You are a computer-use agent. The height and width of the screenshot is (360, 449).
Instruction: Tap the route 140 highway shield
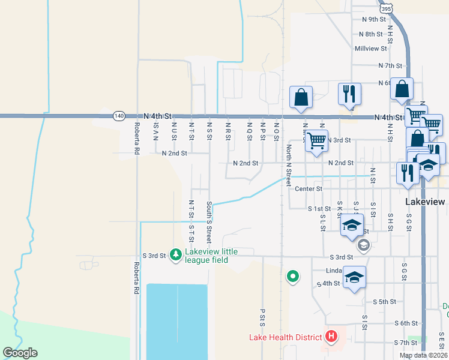[119, 115]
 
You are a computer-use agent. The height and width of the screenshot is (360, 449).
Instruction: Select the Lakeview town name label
[425, 202]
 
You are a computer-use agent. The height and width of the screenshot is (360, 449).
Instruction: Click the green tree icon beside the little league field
[175, 255]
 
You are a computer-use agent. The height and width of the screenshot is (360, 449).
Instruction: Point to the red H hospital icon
[330, 337]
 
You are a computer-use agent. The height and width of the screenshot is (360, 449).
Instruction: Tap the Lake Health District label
[286, 337]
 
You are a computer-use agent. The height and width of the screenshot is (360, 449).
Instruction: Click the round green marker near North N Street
[292, 276]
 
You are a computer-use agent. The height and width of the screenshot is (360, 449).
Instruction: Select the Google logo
[20, 352]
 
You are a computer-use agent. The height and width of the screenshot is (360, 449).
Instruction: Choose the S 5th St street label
[385, 302]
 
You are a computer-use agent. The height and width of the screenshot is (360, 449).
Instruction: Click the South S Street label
[209, 221]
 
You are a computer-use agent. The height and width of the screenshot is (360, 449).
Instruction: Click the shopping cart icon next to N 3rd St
[316, 141]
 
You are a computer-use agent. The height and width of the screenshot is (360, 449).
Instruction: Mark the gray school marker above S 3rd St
[363, 245]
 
